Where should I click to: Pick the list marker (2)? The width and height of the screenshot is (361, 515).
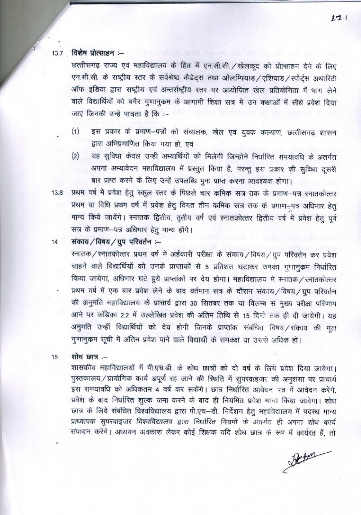tap(75, 156)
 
